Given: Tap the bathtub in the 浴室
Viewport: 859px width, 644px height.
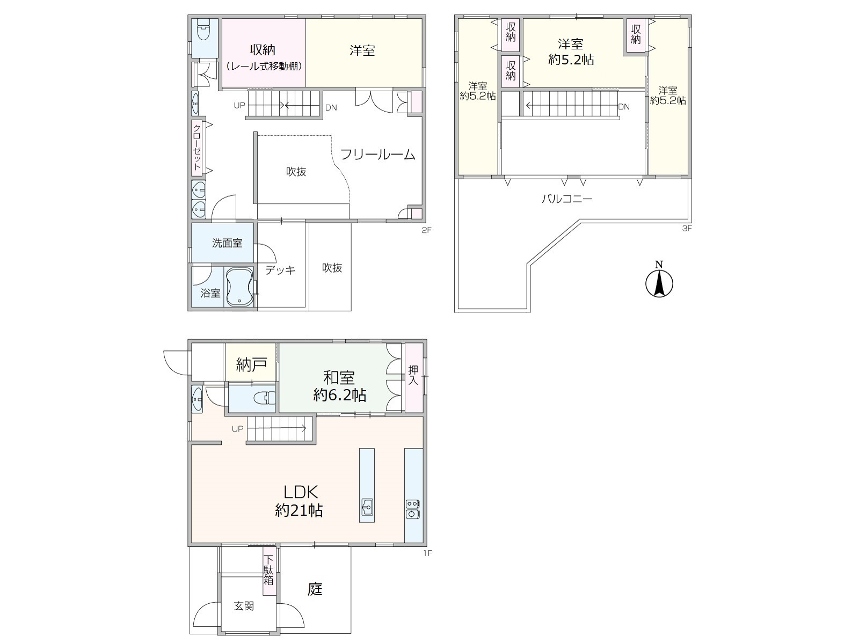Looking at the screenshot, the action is [x=239, y=287].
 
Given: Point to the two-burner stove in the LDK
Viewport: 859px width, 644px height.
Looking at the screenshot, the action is [x=413, y=509].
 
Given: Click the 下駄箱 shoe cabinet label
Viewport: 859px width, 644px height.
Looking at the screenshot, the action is [x=268, y=570].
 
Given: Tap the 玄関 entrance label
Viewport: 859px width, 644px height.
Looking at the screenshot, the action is [x=244, y=606].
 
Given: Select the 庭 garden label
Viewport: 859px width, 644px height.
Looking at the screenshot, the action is [x=315, y=589].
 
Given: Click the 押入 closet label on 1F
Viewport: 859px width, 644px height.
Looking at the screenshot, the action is [x=413, y=375].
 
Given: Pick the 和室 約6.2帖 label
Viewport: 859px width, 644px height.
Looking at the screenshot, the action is [x=339, y=386].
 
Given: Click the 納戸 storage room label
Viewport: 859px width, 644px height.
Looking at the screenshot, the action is [x=251, y=365].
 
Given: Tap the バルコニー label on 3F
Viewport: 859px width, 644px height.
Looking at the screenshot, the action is [x=566, y=199].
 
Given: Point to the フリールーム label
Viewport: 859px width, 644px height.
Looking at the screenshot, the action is [x=377, y=155].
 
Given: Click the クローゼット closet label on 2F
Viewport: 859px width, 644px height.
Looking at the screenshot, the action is [x=197, y=148].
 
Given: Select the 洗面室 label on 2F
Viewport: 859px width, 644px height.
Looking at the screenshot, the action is [x=227, y=243].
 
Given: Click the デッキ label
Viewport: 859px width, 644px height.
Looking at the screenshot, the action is [x=280, y=270].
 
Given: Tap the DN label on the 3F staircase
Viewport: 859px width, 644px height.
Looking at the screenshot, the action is [x=624, y=107].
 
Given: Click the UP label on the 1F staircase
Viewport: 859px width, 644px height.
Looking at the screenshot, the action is [x=237, y=429].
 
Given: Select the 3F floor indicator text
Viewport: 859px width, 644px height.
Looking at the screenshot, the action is [x=687, y=229].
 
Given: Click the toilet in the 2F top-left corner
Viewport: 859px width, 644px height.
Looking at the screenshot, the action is [x=203, y=30].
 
